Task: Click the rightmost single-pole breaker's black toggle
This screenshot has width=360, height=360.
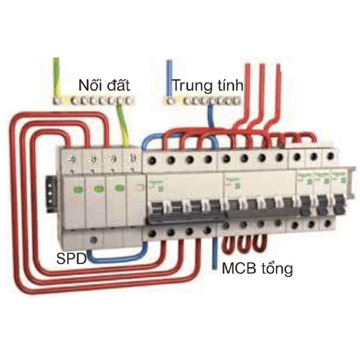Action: click(339, 205)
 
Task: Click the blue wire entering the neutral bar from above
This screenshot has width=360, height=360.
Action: click(169, 76)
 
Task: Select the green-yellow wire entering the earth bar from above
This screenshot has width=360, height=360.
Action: click(56, 76)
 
